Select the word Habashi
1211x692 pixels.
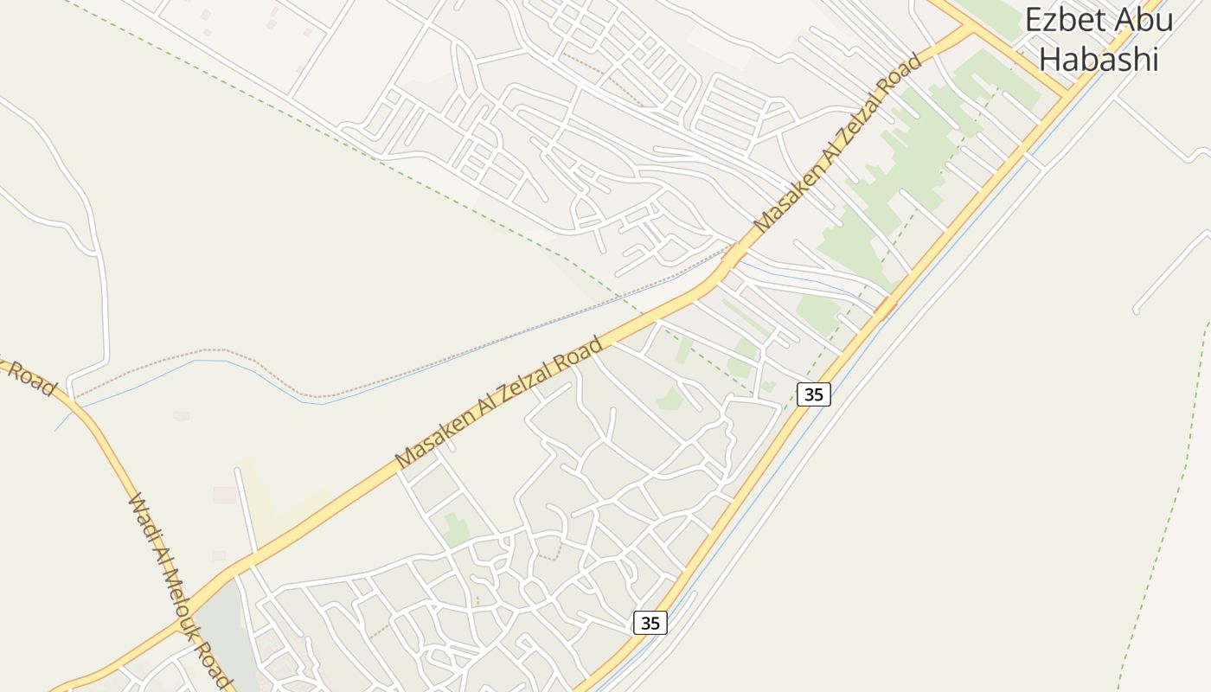click(1098, 59)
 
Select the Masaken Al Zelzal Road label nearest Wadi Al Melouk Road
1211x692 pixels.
click(499, 403)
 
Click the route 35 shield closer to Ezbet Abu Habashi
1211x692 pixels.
click(813, 394)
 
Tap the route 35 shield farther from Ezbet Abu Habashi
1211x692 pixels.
click(650, 622)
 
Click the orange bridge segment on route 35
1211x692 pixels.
click(884, 305)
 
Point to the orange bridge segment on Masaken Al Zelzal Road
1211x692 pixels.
click(729, 257)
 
